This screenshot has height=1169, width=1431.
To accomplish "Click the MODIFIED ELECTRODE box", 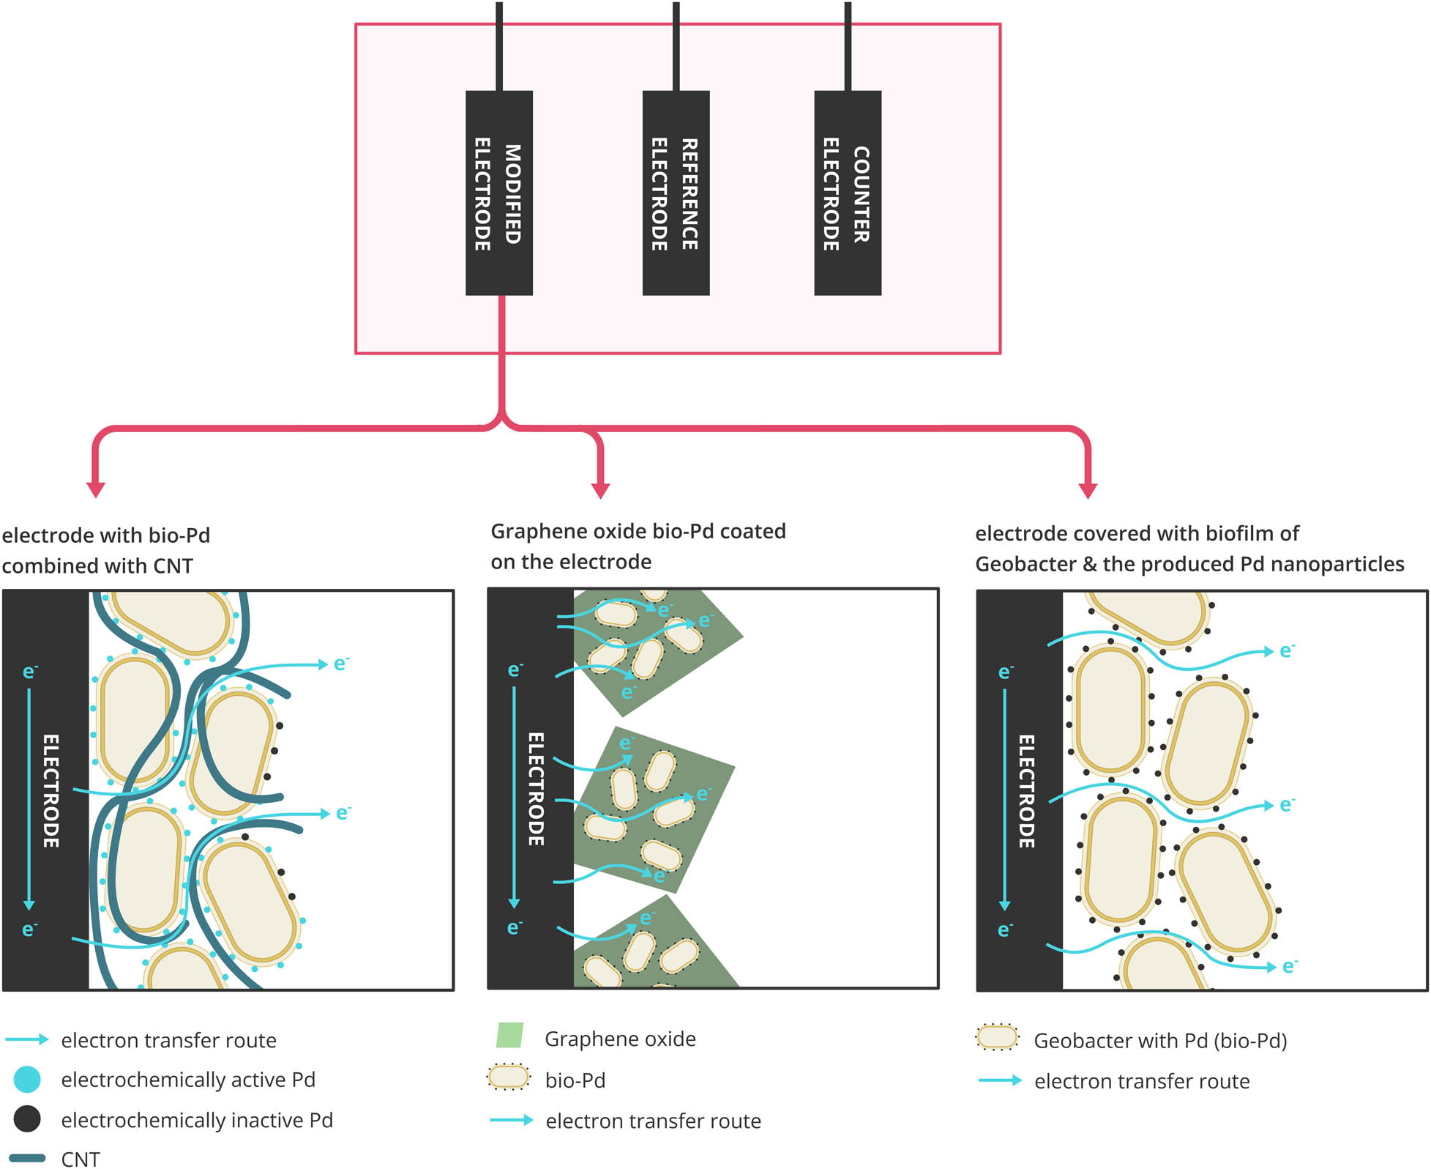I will (x=498, y=193).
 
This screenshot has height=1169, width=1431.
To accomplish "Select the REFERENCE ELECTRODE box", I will (x=676, y=193).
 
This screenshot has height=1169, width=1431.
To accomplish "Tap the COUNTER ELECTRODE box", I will (x=847, y=193).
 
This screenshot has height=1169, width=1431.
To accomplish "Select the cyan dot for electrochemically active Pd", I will (x=27, y=1080).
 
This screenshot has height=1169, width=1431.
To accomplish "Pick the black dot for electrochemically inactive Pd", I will (x=27, y=1119).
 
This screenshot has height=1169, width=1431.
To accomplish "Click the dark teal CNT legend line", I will (x=27, y=1158).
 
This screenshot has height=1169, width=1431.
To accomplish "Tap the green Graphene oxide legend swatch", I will (x=509, y=1036).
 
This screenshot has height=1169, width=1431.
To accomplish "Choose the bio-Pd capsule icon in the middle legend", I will (x=508, y=1077).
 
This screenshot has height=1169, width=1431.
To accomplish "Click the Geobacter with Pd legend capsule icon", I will (x=997, y=1037).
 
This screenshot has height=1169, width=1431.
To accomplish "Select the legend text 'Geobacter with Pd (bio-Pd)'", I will (x=1160, y=1041).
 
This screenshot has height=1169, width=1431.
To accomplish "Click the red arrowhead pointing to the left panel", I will (x=96, y=489).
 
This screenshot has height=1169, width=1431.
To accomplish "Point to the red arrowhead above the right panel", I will (x=1088, y=490).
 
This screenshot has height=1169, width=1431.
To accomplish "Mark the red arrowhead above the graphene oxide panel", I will (x=600, y=490).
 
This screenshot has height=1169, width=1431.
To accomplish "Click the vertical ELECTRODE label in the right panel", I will (x=1026, y=791).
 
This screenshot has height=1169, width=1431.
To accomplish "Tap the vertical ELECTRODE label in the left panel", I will (x=51, y=791).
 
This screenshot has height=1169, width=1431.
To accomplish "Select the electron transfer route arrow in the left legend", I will (x=27, y=1039).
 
